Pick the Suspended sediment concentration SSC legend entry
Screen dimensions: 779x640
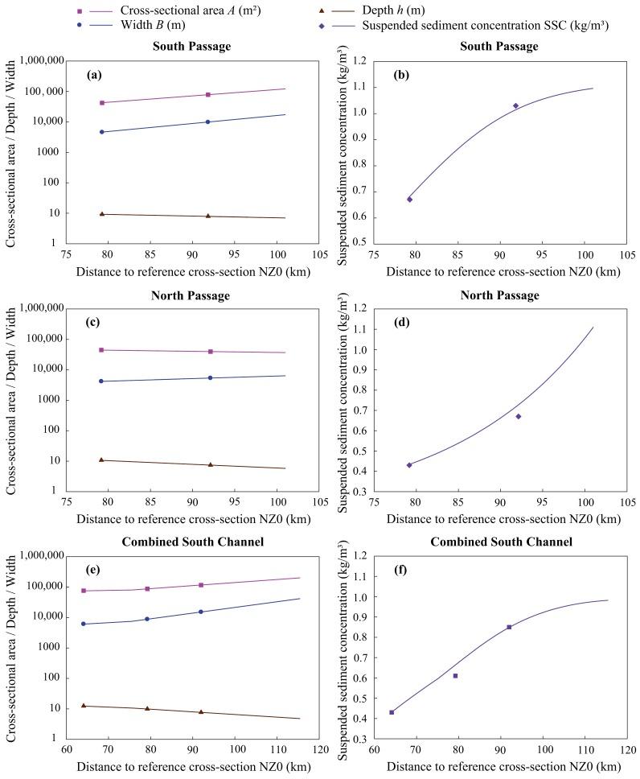(x=482, y=25)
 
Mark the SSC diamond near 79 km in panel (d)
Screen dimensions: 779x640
(x=409, y=465)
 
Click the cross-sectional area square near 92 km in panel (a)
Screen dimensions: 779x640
(x=208, y=95)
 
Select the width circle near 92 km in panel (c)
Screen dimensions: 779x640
(x=211, y=377)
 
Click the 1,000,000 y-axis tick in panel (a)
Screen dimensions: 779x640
(x=40, y=61)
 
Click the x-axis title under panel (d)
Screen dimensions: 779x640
(x=503, y=519)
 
